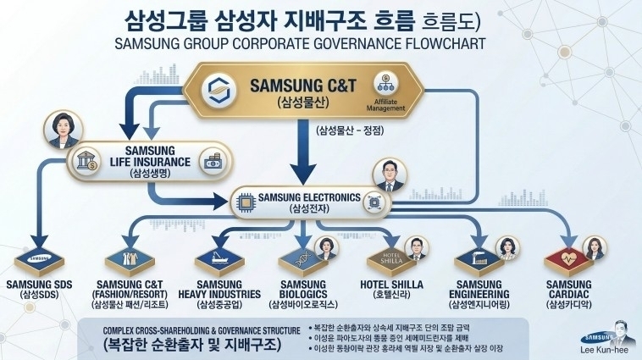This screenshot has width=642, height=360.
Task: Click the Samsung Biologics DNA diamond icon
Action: point(303,255)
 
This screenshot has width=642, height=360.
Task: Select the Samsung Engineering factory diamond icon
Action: point(479,255)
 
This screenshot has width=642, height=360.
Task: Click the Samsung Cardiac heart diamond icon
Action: point(567,255)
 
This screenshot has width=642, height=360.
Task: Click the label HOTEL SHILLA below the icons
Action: point(391,285)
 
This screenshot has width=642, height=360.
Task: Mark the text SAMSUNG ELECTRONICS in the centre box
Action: point(312,197)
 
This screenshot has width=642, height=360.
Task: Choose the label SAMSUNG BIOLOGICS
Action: point(303,289)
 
